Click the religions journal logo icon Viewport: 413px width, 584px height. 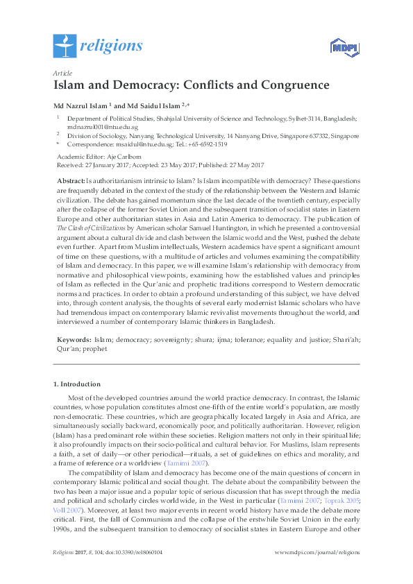(x=65, y=46)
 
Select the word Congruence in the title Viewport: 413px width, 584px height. (x=294, y=86)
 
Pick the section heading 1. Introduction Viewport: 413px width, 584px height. (x=77, y=384)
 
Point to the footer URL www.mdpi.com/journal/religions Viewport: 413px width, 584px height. (x=317, y=572)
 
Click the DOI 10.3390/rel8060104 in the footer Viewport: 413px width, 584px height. (x=142, y=572)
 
